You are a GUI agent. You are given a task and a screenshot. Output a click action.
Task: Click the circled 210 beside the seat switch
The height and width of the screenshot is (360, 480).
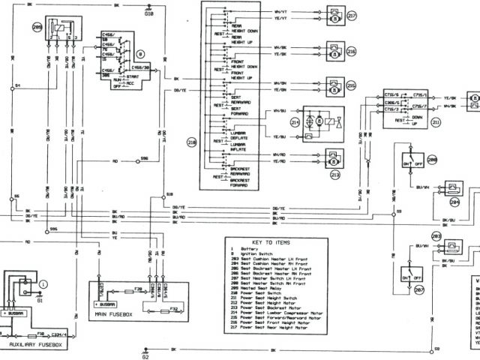click(190, 142)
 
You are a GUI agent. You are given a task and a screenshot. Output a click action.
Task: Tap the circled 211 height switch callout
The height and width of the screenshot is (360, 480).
click(457, 120)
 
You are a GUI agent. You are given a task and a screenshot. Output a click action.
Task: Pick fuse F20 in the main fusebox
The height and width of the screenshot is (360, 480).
click(138, 287)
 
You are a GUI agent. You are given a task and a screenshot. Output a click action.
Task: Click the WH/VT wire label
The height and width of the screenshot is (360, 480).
click(280, 11)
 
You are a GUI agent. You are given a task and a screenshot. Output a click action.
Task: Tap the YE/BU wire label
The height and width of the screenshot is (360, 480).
click(280, 136)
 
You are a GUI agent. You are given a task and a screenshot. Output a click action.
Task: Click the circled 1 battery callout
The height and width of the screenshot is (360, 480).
click(43, 283)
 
